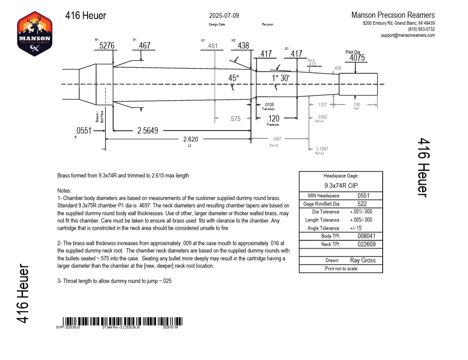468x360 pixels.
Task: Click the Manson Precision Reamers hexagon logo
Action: coord(35,33)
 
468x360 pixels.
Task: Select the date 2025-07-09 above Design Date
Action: coord(224,16)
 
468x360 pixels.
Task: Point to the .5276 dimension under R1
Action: coord(107,46)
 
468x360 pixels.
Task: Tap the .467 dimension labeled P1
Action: coord(144,46)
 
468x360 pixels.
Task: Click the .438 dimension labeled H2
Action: coord(243,46)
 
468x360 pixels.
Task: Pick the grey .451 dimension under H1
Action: coord(212,46)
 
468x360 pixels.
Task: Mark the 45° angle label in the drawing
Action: coord(234,78)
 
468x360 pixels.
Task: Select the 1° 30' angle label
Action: coord(281,78)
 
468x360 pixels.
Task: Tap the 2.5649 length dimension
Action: coord(148,131)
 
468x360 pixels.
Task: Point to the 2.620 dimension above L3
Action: coord(191,139)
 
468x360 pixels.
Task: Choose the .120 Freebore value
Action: coord(273,119)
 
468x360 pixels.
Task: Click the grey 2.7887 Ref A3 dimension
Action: coord(322,149)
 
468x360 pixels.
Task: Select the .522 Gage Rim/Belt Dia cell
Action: coord(362,204)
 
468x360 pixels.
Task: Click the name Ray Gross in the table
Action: coord(363,260)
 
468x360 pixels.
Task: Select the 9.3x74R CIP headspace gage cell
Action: coord(341,185)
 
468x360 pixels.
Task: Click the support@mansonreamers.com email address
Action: coord(407,35)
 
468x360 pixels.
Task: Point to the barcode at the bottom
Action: coord(119,321)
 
